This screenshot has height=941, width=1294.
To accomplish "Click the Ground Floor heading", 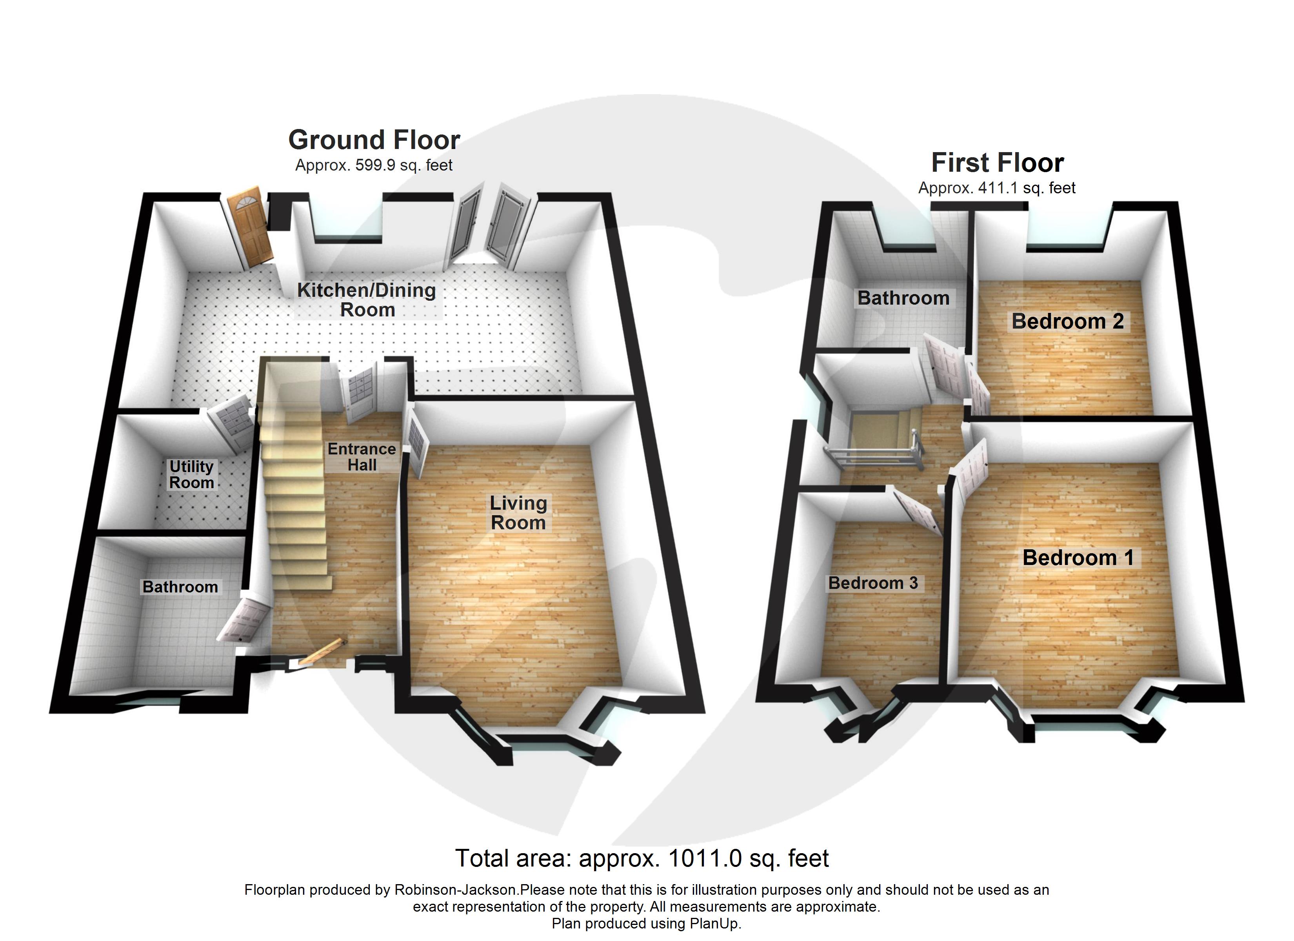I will coord(374,140).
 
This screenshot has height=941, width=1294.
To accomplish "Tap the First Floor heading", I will coord(997,163).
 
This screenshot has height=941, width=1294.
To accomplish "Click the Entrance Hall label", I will coord(362,456).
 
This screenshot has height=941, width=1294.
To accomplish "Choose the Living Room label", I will coord(518,512).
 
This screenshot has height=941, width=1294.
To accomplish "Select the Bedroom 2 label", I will coord(1067,321).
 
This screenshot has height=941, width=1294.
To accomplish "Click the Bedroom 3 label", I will coord(873,583).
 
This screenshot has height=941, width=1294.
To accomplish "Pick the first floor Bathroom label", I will coord(903,298).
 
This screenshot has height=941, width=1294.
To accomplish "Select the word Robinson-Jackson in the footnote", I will coord(455,890).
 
